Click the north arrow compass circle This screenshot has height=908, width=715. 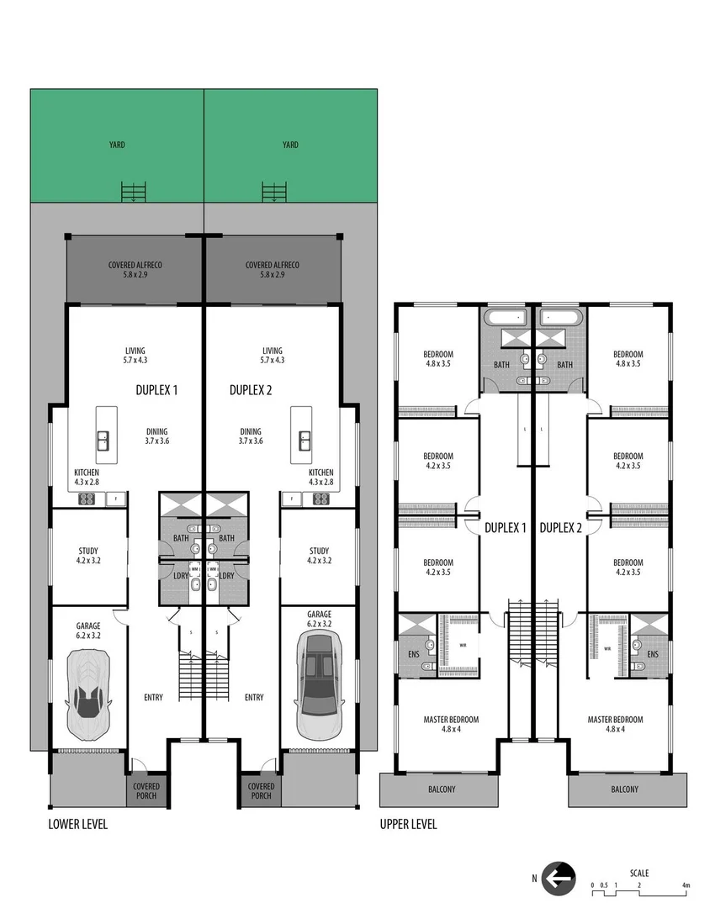coord(559,879)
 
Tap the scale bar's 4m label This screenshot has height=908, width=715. coord(686,885)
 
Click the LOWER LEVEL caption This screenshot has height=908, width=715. coord(77,824)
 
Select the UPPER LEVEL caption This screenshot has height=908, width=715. coord(408,824)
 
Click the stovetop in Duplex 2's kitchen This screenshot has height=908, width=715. coord(320,499)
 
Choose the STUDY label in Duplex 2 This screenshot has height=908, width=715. coord(319,552)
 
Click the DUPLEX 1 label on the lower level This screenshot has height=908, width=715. coord(156,390)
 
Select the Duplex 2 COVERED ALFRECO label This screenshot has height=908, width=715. coord(272,265)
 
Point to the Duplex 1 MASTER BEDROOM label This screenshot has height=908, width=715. coord(451,720)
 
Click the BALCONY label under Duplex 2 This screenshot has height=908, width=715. coord(624,789)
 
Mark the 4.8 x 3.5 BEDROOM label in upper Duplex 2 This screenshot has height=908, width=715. coord(628,354)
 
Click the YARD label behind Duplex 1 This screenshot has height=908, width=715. coord(117,145)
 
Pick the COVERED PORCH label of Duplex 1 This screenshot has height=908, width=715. coord(146,791)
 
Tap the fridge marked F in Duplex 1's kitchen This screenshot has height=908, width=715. coord(115,499)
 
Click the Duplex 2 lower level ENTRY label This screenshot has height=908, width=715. coord(254,697)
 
